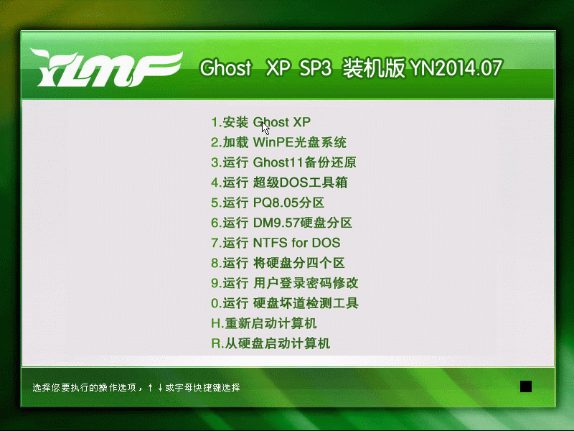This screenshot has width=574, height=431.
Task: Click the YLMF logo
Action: coord(106,68)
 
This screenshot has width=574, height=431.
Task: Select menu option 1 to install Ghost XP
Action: coord(260,122)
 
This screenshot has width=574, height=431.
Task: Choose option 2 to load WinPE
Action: coord(278,142)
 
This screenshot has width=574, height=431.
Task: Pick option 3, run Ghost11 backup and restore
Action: coord(283,162)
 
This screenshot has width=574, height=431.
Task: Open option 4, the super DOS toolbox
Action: coord(279,182)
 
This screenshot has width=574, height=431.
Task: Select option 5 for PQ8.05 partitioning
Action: coord(268,203)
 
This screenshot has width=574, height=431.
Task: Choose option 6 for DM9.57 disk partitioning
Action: coord(281,223)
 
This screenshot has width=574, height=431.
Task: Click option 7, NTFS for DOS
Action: coord(276,243)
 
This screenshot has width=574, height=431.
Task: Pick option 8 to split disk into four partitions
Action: coord(278,263)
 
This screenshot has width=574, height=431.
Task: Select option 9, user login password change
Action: coord(284,283)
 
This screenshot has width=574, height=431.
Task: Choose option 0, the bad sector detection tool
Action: coord(284,303)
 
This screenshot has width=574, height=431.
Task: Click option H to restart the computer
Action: coord(263,323)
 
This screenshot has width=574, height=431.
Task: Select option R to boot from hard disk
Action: coord(270,343)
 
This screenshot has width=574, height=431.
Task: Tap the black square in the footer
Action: coord(526,386)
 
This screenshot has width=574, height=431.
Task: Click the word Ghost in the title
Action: coord(225,68)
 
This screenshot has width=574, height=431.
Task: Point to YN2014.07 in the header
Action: coord(456,68)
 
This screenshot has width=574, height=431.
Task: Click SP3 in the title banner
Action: coord(315,68)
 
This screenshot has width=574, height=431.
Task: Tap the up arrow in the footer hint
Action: coord(151,387)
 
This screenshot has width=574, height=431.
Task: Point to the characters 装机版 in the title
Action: coord(374,68)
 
